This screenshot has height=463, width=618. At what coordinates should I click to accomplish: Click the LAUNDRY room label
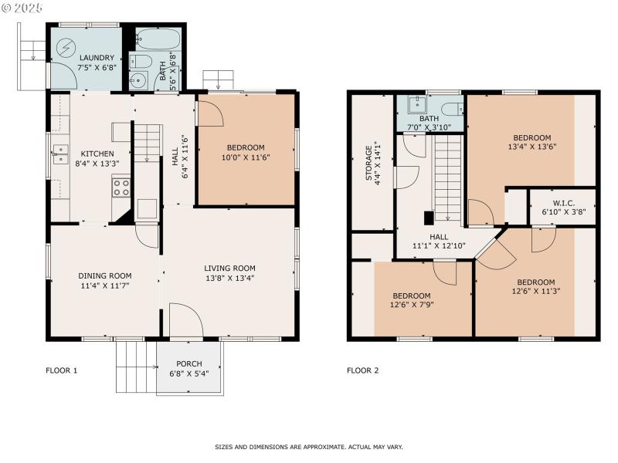click(x=97, y=58)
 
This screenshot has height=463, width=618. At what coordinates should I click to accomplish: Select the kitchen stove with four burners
click(x=121, y=185)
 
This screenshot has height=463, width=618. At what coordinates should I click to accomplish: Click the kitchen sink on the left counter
click(x=58, y=155)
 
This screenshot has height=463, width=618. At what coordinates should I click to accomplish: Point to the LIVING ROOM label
click(x=230, y=268)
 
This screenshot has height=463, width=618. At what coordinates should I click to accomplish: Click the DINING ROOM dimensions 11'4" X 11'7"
click(x=104, y=286)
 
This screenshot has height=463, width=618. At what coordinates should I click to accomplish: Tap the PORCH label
click(x=188, y=364)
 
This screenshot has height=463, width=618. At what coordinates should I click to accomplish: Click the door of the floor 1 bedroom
click(x=210, y=113)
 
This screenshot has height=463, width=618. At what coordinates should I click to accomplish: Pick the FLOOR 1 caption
click(x=62, y=370)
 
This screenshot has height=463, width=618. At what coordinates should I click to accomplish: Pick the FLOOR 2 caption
click(x=362, y=370)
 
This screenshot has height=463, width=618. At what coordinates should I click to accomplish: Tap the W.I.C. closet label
click(x=563, y=202)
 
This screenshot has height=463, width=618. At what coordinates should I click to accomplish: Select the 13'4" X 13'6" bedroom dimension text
click(x=532, y=146)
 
